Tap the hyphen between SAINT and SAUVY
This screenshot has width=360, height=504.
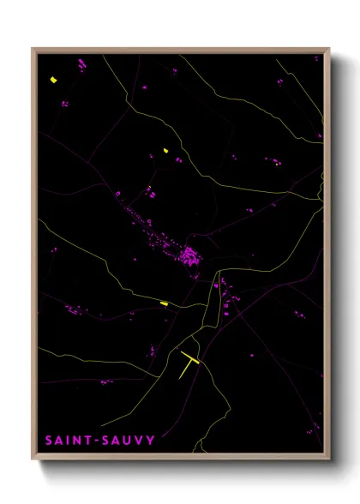pyautogui.click(x=96, y=441)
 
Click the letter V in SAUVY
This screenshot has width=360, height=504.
pyautogui.click(x=138, y=441)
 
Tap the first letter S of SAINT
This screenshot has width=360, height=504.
pyautogui.click(x=49, y=441)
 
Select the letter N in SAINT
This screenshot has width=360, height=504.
pyautogui.click(x=77, y=441)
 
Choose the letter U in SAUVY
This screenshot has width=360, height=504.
pyautogui.click(x=126, y=441)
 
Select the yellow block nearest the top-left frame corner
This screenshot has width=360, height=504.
pyautogui.click(x=53, y=80)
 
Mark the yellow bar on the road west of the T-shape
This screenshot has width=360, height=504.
pyautogui.click(x=164, y=303)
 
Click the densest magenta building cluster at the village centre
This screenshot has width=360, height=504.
pyautogui.click(x=189, y=255)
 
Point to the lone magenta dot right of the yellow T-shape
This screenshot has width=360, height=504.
pyautogui.click(x=253, y=353)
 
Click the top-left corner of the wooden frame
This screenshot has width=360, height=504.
pyautogui.click(x=33, y=48)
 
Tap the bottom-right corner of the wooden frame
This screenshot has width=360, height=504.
pyautogui.click(x=329, y=460)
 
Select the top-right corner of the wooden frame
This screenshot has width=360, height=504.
pyautogui.click(x=329, y=48)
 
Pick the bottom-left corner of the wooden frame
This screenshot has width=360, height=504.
pyautogui.click(x=33, y=460)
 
